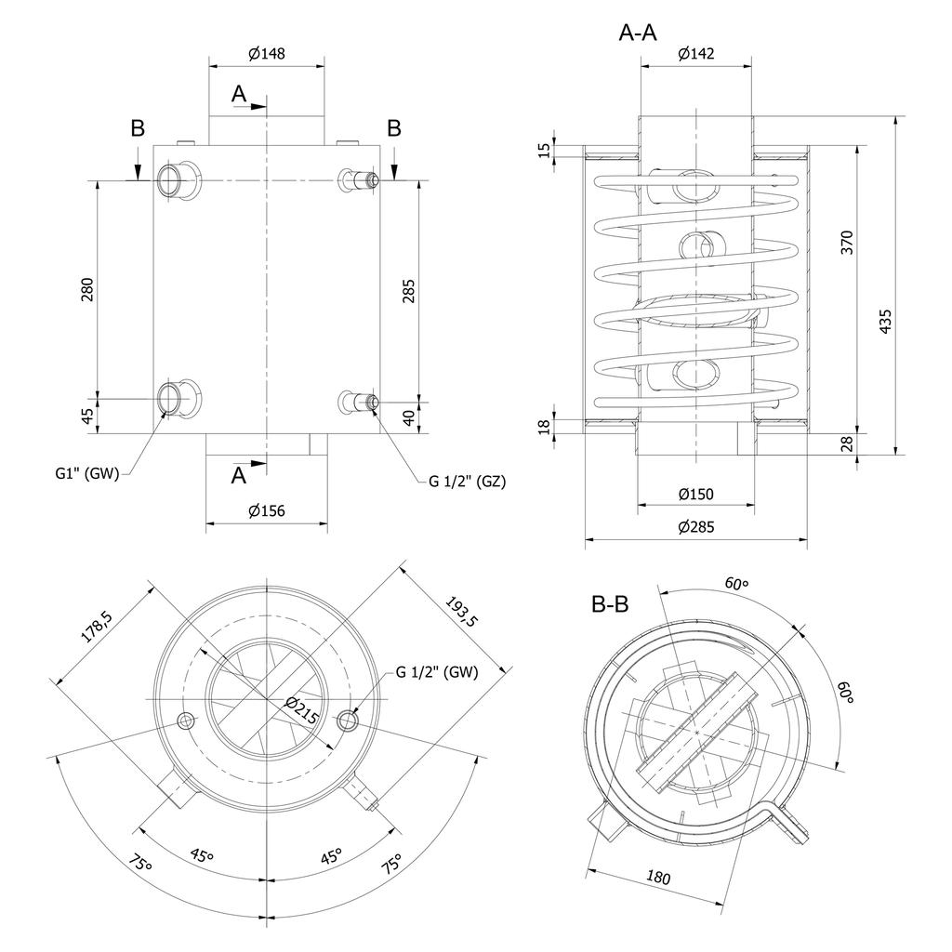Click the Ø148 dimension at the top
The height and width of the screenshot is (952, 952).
(x=266, y=54)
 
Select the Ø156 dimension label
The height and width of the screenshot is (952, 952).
(x=266, y=510)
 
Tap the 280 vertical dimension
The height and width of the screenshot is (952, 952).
(x=86, y=290)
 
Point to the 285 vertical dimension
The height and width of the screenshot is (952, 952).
(x=409, y=290)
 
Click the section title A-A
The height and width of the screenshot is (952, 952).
(x=638, y=33)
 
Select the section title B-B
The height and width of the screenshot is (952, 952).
(x=610, y=604)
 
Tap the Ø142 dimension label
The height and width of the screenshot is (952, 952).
(x=695, y=54)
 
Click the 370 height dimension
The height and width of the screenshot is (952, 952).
(x=846, y=242)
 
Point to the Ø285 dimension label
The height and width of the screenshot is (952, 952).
(x=695, y=527)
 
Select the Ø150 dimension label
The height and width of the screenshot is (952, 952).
(x=695, y=494)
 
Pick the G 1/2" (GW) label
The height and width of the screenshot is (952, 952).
(x=436, y=672)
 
